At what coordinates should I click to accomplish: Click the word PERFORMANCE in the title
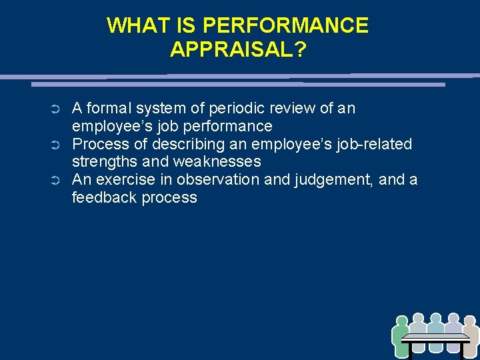(x=285, y=25)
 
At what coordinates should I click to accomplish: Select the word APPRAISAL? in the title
(x=238, y=49)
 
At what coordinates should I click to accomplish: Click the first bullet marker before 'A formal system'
(x=57, y=109)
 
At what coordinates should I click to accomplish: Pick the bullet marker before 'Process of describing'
(x=57, y=145)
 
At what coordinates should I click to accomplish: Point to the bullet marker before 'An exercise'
(x=57, y=181)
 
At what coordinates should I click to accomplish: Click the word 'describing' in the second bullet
(x=184, y=144)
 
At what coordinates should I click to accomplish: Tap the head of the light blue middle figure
(x=436, y=319)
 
